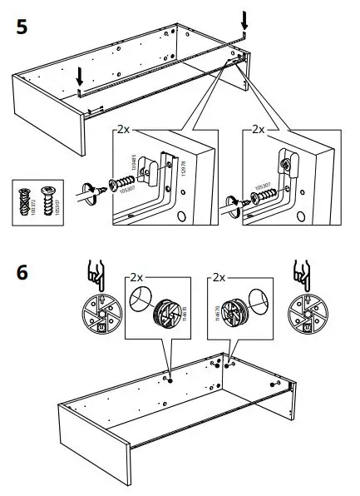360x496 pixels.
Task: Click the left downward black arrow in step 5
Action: click(x=79, y=77)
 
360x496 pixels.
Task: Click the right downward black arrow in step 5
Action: click(x=244, y=20)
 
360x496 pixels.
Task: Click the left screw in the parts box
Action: click(x=25, y=202)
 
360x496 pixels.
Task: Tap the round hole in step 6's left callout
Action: click(x=140, y=300)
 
